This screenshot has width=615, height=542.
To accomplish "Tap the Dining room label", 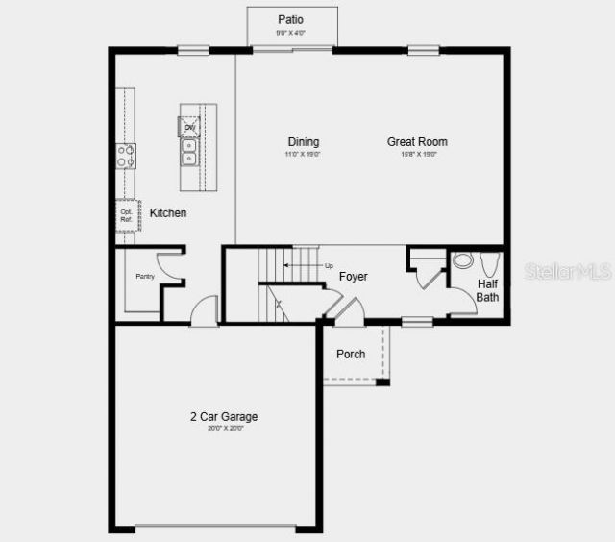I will [x=303, y=142].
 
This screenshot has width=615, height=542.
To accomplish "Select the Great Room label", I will [x=417, y=142].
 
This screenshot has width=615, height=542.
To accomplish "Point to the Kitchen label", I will [x=168, y=212].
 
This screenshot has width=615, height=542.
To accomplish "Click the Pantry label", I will [x=144, y=277].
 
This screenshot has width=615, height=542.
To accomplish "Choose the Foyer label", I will [x=354, y=277].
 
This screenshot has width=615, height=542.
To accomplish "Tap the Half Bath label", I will [x=488, y=290].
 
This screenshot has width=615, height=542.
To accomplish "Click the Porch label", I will [x=351, y=354].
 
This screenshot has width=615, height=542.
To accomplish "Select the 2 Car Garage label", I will [x=223, y=417].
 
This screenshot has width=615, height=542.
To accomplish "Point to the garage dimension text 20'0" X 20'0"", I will [x=226, y=429].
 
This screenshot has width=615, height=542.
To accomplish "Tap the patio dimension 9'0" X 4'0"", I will [x=291, y=33].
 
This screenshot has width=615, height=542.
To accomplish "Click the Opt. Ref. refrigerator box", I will [x=127, y=215].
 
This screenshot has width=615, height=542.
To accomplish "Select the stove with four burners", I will [x=126, y=156].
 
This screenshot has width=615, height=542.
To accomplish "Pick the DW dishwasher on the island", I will [x=189, y=127].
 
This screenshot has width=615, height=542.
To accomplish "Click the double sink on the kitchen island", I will [x=189, y=152].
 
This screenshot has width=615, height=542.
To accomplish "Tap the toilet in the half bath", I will [x=462, y=260].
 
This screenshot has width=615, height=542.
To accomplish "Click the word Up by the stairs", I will [x=329, y=266].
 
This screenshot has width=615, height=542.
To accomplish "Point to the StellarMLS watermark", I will [x=568, y=272].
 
